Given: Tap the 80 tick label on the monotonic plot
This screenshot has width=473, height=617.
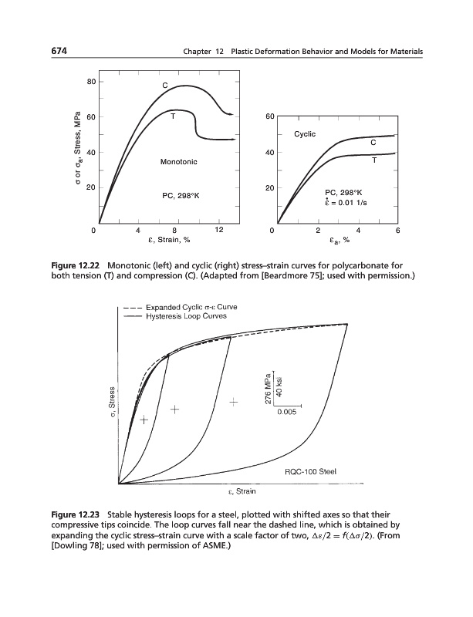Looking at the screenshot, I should coord(90,82).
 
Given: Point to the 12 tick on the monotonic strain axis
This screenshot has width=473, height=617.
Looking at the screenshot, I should coord(219,230).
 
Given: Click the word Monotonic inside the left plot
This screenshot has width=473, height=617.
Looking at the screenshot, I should coord(178,162).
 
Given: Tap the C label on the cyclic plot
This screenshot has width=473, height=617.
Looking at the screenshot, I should coord(373,143).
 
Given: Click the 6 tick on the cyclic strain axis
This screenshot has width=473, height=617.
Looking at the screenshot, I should coord(397,230).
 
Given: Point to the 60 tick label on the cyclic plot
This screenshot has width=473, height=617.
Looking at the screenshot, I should coord(269,117).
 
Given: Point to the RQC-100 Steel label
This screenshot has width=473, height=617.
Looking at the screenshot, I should coord(309,473).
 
